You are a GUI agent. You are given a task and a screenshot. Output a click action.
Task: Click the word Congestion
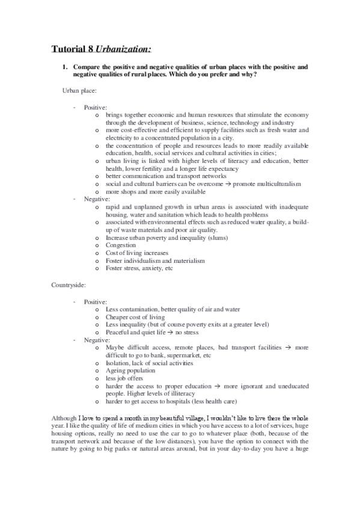(x=120, y=245)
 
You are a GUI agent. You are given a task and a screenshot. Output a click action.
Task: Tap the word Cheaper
(x=118, y=316)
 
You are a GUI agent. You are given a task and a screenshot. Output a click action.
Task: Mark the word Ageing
(x=115, y=371)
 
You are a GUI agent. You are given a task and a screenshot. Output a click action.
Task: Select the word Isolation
(x=118, y=363)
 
